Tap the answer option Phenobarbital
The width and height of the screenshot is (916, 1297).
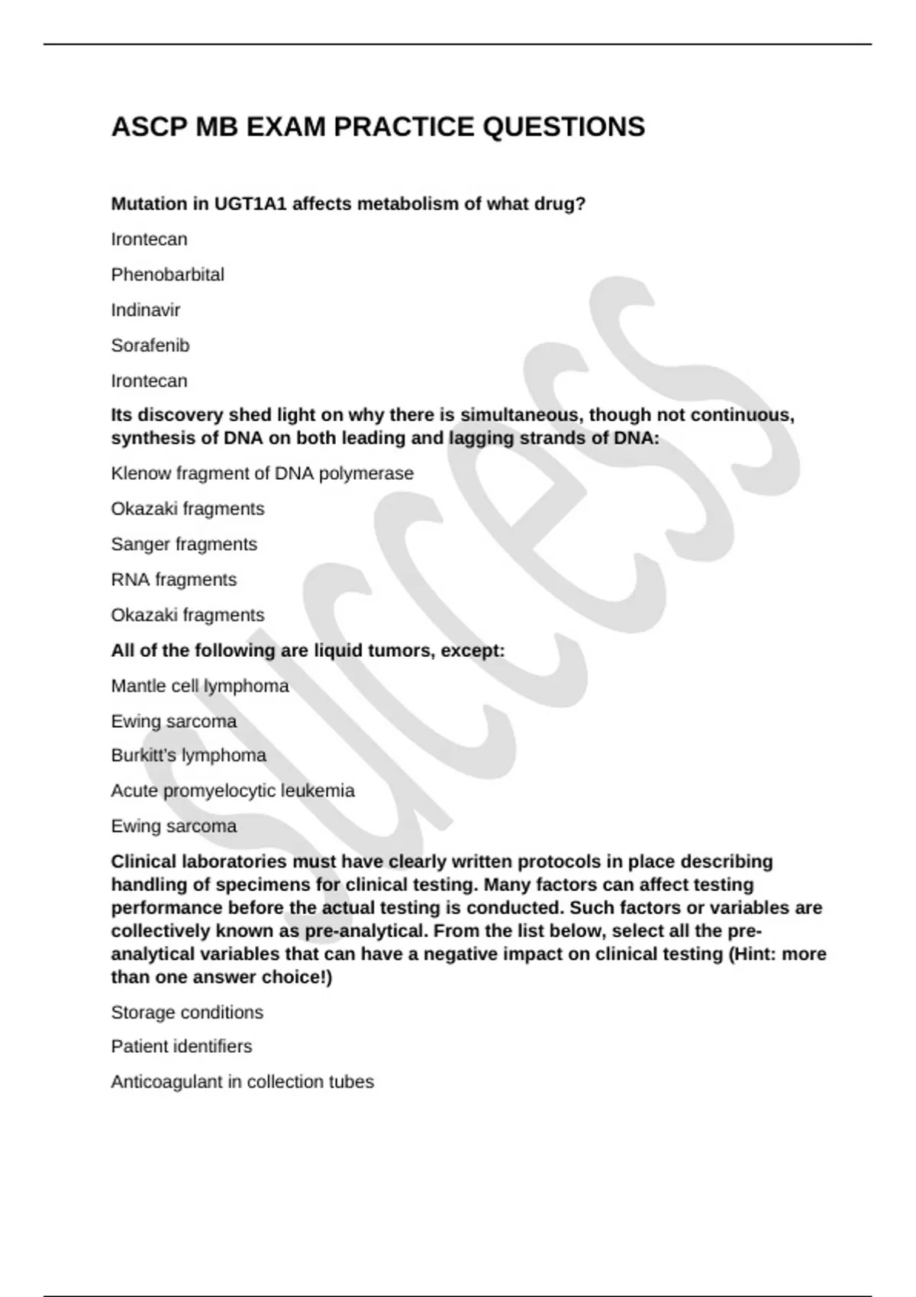167,275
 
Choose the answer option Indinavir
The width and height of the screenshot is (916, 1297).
145,310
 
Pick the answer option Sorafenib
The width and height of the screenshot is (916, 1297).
150,346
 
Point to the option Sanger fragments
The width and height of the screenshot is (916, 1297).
183,545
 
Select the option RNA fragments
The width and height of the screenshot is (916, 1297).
173,580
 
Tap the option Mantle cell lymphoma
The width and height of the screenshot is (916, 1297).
199,686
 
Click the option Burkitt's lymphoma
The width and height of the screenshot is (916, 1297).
188,755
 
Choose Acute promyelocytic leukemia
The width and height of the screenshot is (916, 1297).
232,790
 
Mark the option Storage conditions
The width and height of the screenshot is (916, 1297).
186,1012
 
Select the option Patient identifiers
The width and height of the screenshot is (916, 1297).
181,1047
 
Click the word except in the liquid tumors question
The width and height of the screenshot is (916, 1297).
473,651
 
